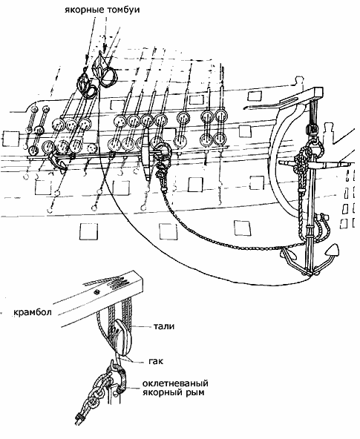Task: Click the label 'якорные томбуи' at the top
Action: coord(102,10)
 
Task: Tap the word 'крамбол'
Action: coord(33,312)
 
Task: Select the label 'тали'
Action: coord(164,326)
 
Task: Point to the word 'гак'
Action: coord(156,361)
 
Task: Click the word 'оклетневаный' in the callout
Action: coord(175,383)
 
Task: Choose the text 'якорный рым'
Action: coord(174,392)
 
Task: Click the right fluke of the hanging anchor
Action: coord(332,250)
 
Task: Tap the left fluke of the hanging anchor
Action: coord(288,254)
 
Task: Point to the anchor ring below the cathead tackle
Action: coord(313,145)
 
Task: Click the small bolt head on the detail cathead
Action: coord(97,291)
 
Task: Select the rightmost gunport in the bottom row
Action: coord(242,228)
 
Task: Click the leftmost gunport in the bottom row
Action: coord(88,231)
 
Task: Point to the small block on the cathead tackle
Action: coord(312,129)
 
